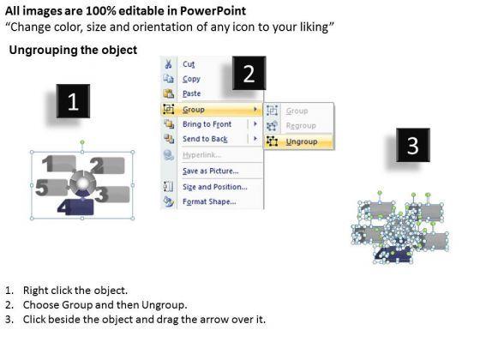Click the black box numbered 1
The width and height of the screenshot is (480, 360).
[x=73, y=101]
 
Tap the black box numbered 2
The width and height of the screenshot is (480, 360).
[x=249, y=73]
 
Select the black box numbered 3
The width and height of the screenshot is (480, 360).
[x=413, y=145]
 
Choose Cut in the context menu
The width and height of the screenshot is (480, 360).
[x=189, y=64]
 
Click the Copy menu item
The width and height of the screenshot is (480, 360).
[x=191, y=79]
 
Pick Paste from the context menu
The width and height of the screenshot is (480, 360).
[x=192, y=93]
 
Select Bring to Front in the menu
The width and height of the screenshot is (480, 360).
[x=207, y=124]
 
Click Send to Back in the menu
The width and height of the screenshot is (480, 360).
[x=205, y=139]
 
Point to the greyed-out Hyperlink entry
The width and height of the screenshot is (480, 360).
[x=201, y=155]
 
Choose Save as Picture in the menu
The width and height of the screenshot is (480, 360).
[x=211, y=171]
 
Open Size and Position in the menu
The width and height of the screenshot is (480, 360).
[x=215, y=187]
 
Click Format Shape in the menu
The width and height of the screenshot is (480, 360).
[x=209, y=201]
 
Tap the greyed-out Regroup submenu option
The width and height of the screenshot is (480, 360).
[x=301, y=125]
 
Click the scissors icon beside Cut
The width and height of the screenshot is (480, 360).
[x=168, y=64]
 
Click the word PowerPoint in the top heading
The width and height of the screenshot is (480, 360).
[x=213, y=11]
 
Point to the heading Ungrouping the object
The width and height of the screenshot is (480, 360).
[x=73, y=50]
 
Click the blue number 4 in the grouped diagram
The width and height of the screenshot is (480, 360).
[x=64, y=207]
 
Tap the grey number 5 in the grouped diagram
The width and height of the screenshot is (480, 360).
[x=42, y=187]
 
